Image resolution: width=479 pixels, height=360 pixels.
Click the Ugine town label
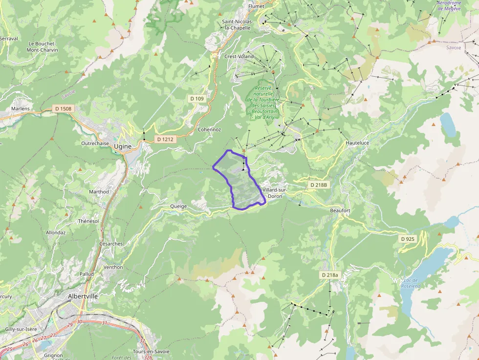pos(122,146)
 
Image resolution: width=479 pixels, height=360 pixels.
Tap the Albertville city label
pos(83,296)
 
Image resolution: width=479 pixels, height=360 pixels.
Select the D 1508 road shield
pos(63,108)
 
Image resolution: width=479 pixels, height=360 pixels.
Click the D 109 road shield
pos(196,99)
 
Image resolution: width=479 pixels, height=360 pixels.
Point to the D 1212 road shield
pos(164,139)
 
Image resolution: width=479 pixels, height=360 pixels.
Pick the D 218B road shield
pos(319,185)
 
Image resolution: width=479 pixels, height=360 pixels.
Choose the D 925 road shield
pos(407,239)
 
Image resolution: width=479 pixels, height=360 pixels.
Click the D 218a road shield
pos(330,275)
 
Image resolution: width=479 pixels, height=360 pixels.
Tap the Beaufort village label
pos(340,210)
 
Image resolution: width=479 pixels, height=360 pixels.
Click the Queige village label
pos(178,206)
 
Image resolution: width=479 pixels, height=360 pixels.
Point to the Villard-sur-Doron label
pos(275,192)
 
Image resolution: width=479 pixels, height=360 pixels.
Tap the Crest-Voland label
pos(239,56)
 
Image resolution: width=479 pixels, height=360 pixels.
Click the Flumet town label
pos(256,6)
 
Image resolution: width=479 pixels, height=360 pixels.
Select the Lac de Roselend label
pos(411,283)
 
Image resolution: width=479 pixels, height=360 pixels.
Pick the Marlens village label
pos(21,108)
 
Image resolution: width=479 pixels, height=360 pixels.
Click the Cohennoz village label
pos(210,129)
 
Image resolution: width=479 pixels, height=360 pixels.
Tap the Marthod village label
pos(99,192)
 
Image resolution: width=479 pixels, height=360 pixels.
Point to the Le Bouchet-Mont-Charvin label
pos(42,47)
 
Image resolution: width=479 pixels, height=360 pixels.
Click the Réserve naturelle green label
pos(266,103)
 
